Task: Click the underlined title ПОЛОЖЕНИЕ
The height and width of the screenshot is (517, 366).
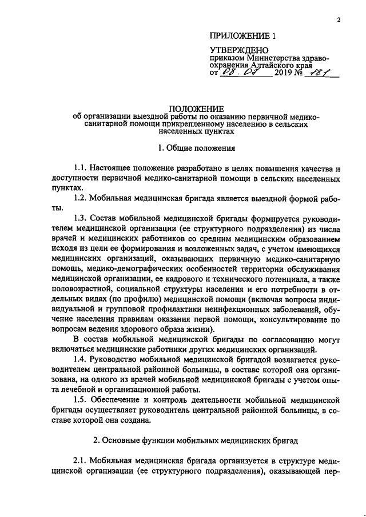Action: (x=196, y=109)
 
